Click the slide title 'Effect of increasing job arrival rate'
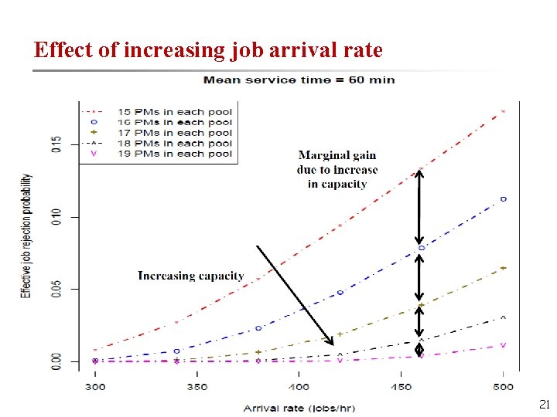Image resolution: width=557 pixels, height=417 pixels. (x=208, y=50)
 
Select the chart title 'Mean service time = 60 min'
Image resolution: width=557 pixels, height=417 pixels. (x=299, y=79)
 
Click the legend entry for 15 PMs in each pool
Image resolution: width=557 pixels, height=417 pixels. (x=174, y=111)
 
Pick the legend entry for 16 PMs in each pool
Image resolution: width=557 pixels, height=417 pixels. (x=174, y=122)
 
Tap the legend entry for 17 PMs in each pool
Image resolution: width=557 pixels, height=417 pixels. (x=174, y=133)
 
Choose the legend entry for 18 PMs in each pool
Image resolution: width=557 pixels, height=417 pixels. (x=174, y=143)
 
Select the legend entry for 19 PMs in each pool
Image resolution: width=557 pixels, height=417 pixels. (x=174, y=154)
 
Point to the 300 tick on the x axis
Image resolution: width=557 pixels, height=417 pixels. (x=95, y=387)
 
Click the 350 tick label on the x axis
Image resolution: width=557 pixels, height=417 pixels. (x=196, y=387)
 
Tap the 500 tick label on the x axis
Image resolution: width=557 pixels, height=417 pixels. (x=503, y=387)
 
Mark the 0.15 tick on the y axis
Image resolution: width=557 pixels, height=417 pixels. (x=55, y=144)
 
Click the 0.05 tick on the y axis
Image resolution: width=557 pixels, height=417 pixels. (x=55, y=289)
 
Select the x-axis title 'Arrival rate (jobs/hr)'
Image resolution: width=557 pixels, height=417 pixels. (x=299, y=407)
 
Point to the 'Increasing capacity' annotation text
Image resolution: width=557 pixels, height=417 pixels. (x=190, y=276)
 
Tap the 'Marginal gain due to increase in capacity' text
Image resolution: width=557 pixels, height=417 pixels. (x=337, y=170)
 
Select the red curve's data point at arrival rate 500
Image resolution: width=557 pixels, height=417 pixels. (x=503, y=111)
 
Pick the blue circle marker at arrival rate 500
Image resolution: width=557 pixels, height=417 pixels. (x=503, y=198)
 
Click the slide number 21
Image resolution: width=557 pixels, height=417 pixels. (x=542, y=404)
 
